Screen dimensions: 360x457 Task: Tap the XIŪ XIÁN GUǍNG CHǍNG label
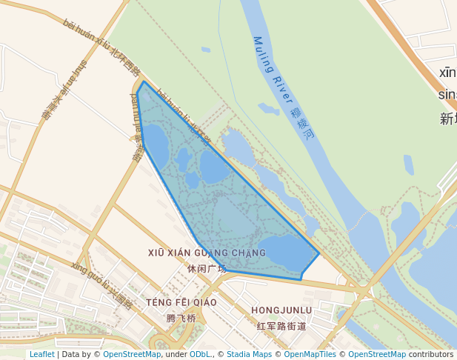pyautogui.click(x=207, y=253)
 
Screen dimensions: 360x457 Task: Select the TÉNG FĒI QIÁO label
pyautogui.click(x=181, y=302)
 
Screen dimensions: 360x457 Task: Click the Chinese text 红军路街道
pyautogui.click(x=281, y=326)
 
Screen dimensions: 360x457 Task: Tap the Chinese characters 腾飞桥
pyautogui.click(x=181, y=319)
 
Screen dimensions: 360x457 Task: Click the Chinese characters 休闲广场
pyautogui.click(x=207, y=269)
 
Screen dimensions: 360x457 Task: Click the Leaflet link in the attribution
pyautogui.click(x=41, y=354)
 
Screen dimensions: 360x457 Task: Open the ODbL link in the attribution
pyautogui.click(x=200, y=354)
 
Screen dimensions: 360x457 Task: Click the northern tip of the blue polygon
pyautogui.click(x=143, y=82)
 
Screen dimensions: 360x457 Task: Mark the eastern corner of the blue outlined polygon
pyautogui.click(x=319, y=254)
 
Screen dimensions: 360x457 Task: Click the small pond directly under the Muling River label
pyautogui.click(x=267, y=109)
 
